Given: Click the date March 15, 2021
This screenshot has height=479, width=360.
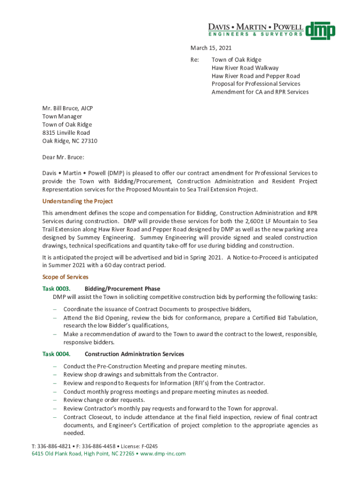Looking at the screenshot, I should (x=210, y=48).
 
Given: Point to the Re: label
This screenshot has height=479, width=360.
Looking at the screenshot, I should (x=194, y=60).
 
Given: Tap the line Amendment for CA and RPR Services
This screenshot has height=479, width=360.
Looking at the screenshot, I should (x=260, y=92).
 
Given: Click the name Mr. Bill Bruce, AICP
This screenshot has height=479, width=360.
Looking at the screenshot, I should (x=67, y=108).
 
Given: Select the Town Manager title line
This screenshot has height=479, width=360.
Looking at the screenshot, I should (x=62, y=116).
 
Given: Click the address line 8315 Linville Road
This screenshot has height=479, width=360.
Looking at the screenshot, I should (x=66, y=133).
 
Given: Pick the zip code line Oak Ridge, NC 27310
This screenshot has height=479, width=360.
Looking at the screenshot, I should (x=70, y=141).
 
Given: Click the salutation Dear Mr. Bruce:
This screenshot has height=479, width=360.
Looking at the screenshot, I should (x=63, y=157).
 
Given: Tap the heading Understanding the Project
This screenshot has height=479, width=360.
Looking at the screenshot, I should (x=78, y=201).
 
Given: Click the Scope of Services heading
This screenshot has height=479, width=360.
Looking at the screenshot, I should (x=65, y=277).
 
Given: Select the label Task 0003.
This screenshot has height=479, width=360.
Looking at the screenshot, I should (x=56, y=289).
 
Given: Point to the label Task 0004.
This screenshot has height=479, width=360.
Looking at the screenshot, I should (x=56, y=354).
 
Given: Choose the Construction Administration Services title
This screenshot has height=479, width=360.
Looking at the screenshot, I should (x=134, y=354).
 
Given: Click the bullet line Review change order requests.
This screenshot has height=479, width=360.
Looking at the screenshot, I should (x=104, y=400).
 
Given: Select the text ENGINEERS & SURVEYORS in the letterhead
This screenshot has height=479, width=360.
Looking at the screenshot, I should (x=255, y=34).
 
